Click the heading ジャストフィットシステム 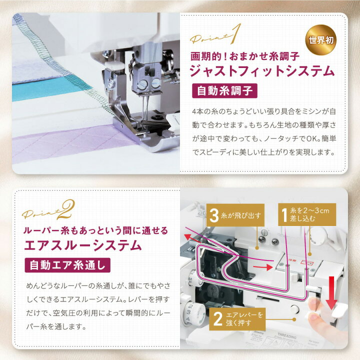click(x=263, y=71)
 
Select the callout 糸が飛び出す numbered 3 click(x=234, y=215)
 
